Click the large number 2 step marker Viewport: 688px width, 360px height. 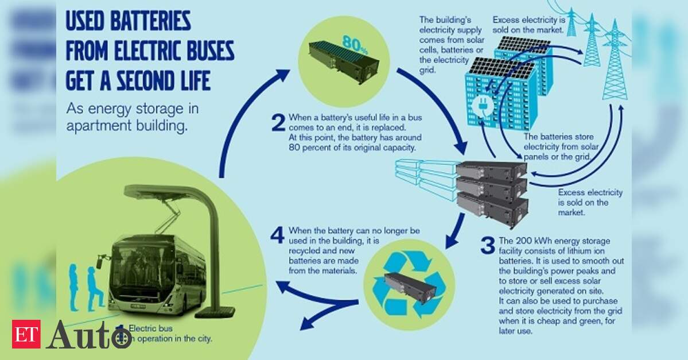click(x=278, y=122)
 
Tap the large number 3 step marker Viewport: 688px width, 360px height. click(x=488, y=245)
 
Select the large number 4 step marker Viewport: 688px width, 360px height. click(x=277, y=235)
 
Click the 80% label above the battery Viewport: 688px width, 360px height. click(x=355, y=44)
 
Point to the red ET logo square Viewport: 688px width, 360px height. click(x=26, y=334)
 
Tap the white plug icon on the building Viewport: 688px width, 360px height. click(x=482, y=107)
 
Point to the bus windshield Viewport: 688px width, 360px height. click(x=137, y=268)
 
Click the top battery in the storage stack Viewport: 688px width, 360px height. click(x=491, y=171)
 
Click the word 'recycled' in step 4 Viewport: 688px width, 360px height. click(x=305, y=251)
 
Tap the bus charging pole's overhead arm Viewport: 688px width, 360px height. click(x=171, y=192)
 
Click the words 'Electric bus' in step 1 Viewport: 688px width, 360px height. click(x=150, y=328)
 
